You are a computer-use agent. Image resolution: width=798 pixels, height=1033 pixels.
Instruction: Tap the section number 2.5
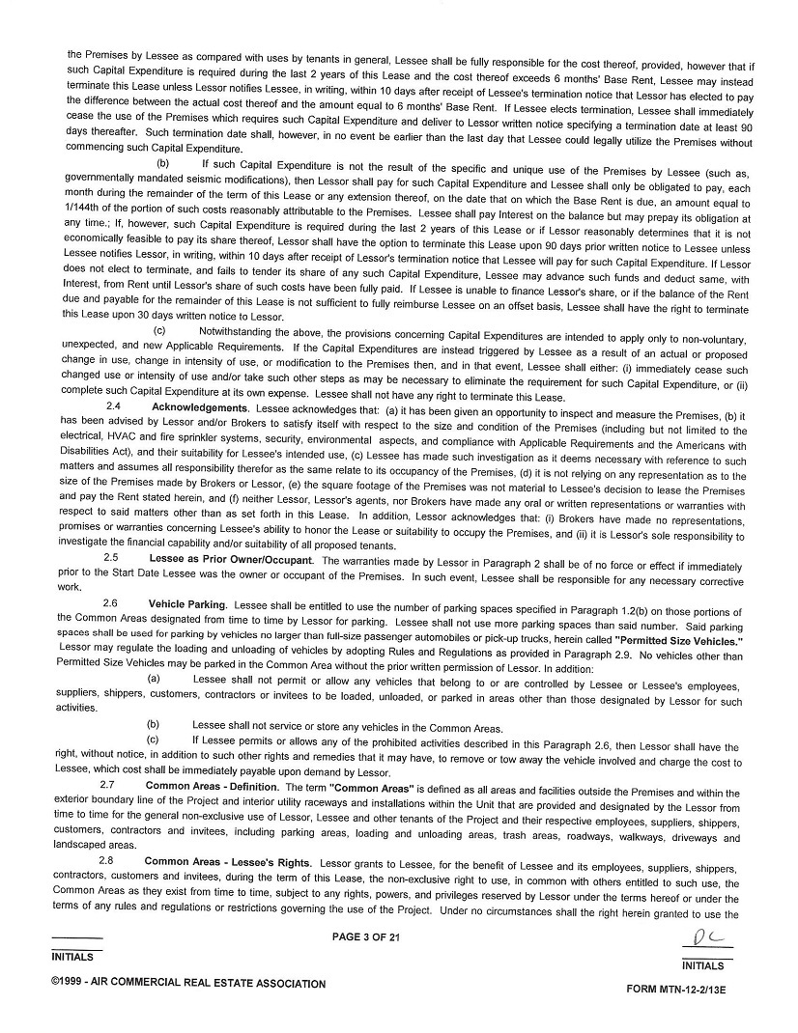(112, 559)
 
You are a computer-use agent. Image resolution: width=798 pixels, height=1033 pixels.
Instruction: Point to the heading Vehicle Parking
(186, 603)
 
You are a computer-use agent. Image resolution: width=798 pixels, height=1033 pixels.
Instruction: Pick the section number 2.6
(112, 603)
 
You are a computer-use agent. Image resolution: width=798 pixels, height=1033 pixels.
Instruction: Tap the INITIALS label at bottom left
(72, 958)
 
